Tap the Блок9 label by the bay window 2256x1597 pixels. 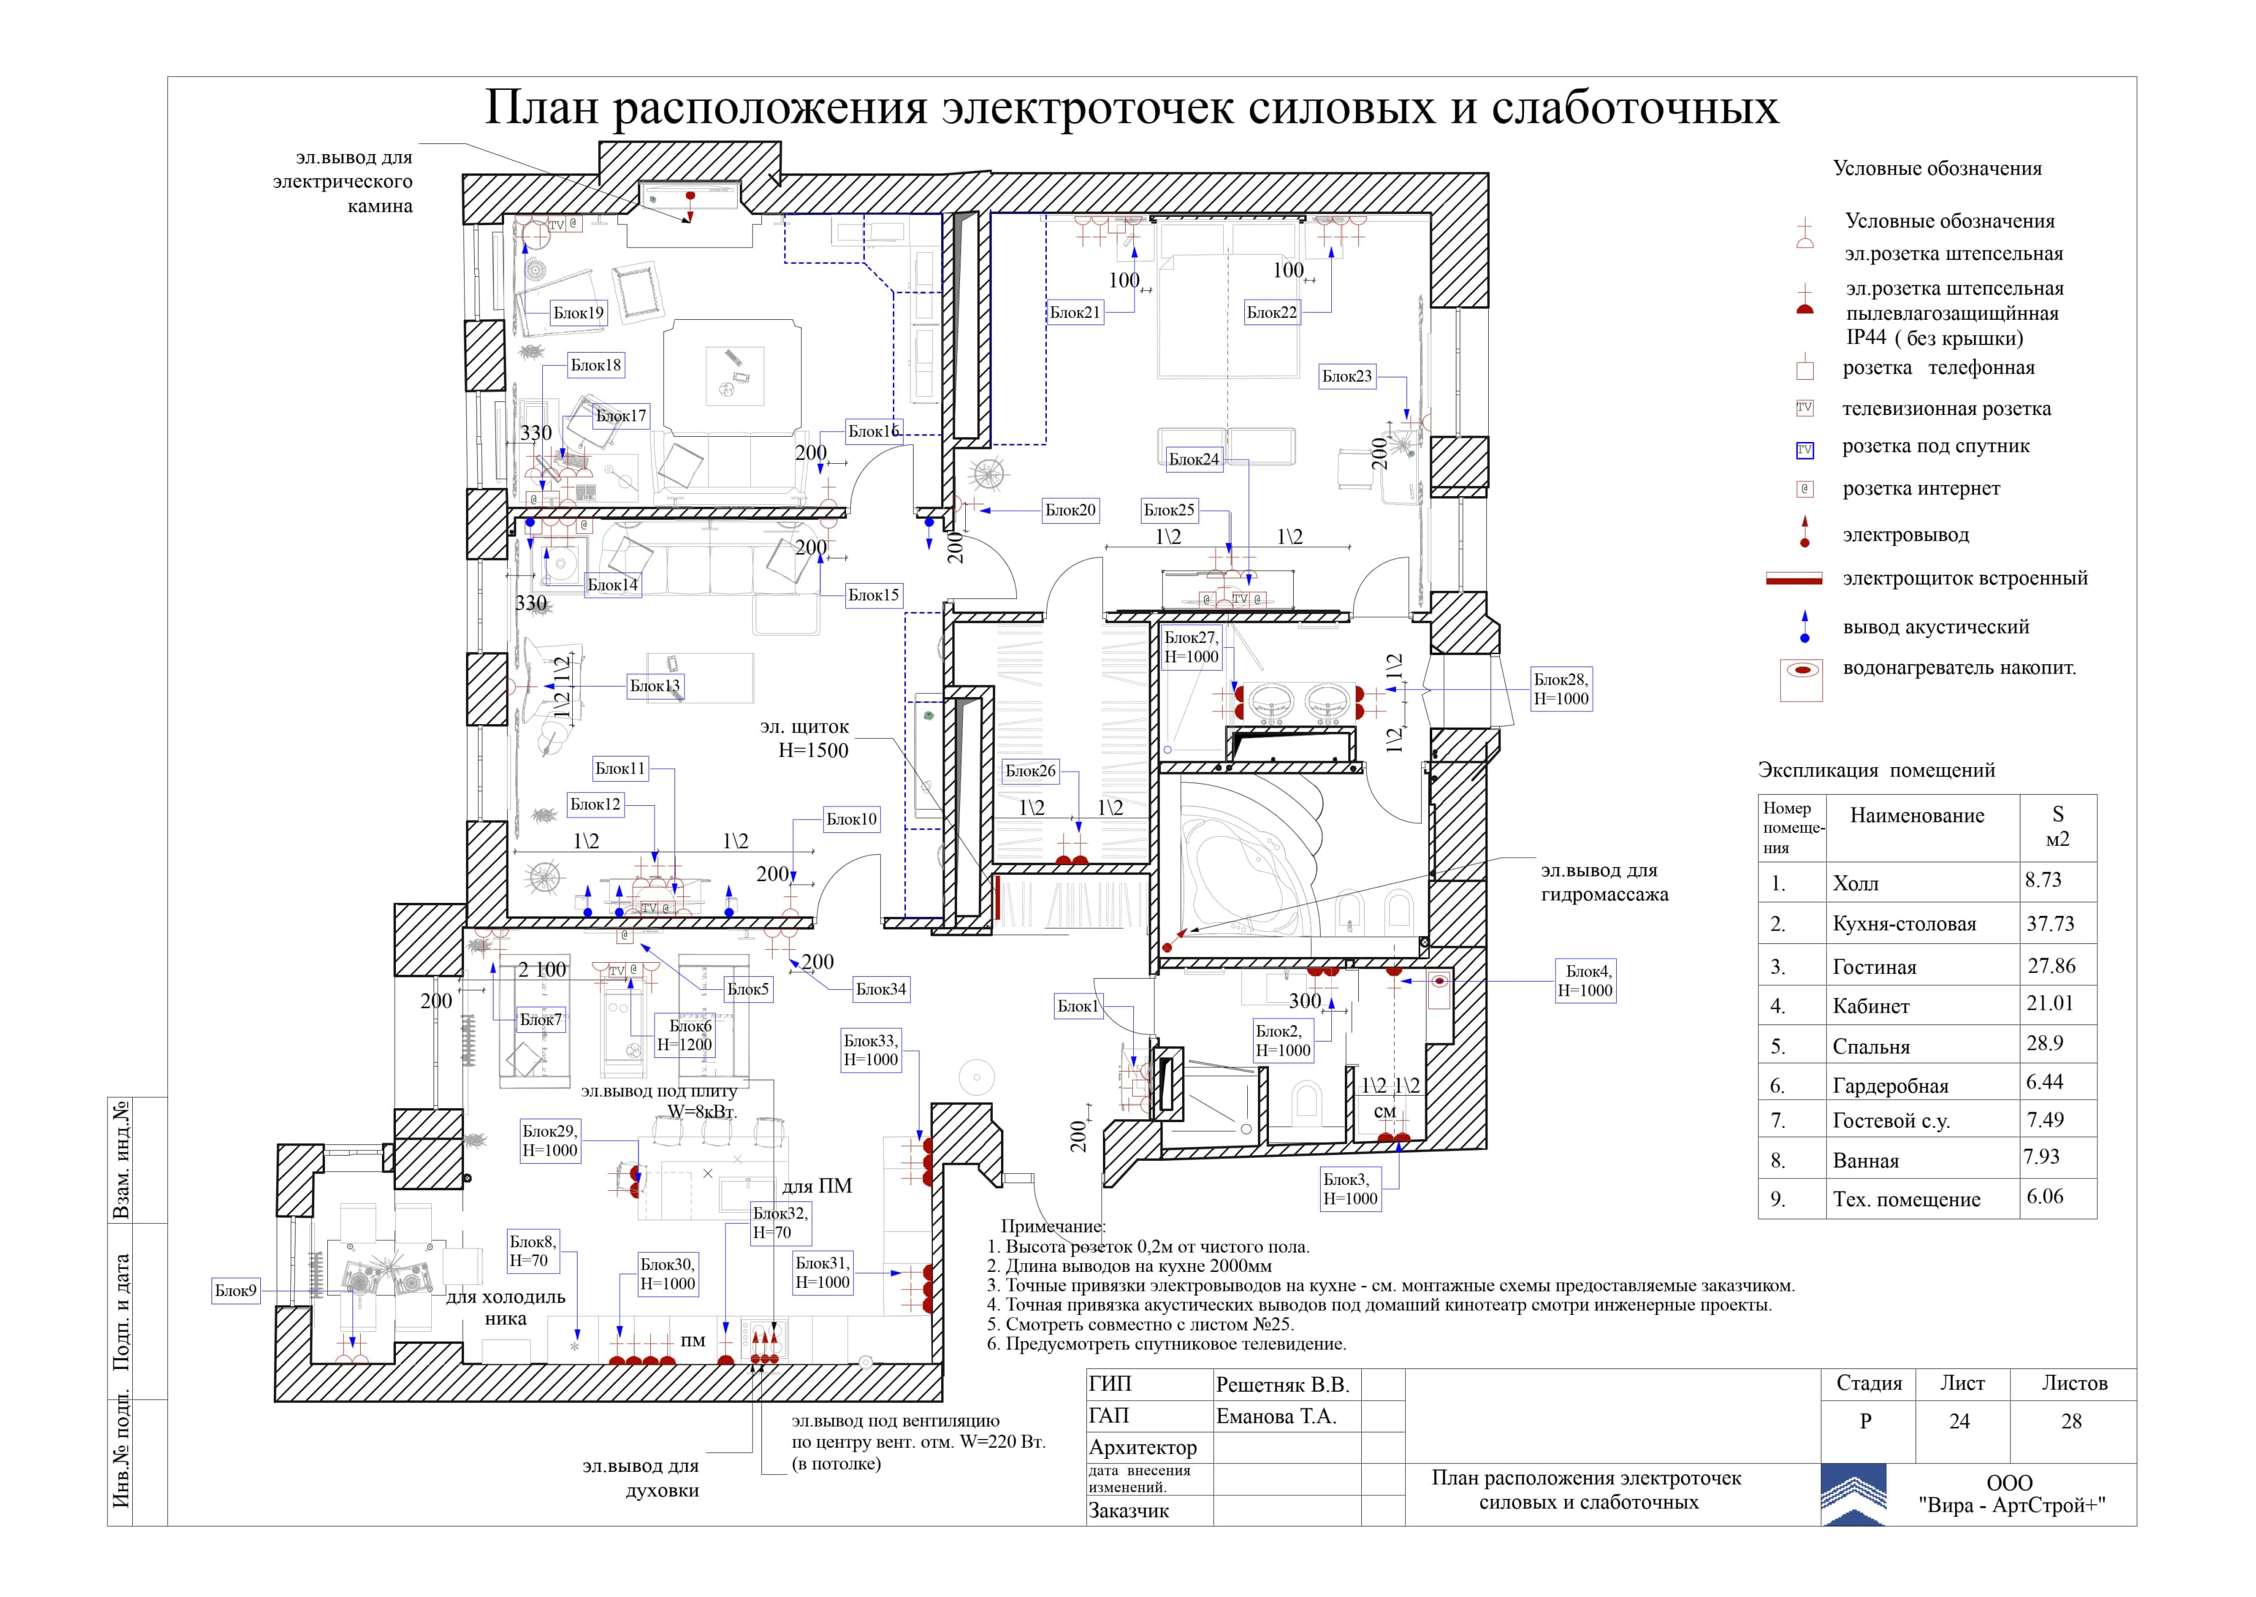(x=236, y=1290)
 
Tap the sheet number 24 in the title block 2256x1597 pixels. (x=1959, y=1421)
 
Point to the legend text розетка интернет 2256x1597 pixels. (x=1921, y=488)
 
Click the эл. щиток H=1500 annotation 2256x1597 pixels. (x=805, y=738)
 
